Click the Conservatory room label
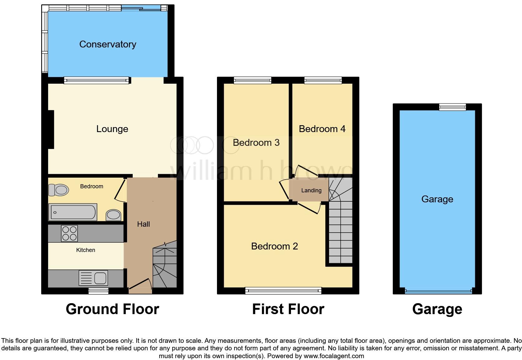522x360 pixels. coord(108,44)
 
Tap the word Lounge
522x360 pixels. coord(112,129)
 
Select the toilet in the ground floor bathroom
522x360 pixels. coord(59,190)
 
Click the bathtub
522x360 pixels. coord(73,212)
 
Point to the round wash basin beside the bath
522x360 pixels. coord(113,215)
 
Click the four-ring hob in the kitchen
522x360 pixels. coord(70,233)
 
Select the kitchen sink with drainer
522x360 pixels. coord(94,278)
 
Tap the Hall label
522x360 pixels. coord(143,224)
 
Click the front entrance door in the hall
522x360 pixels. coord(140,285)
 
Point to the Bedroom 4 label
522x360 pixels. coord(322,129)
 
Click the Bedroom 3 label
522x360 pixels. coord(256,143)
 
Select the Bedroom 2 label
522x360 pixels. coord(274,246)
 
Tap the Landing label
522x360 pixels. coord(311,190)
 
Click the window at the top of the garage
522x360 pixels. coord(452,107)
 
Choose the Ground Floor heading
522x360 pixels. coord(112,309)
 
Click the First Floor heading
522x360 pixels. coord(288,309)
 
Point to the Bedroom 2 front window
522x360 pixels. coord(283,291)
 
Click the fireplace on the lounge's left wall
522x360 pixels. coord(51,129)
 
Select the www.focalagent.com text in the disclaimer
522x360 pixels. coord(333,356)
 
